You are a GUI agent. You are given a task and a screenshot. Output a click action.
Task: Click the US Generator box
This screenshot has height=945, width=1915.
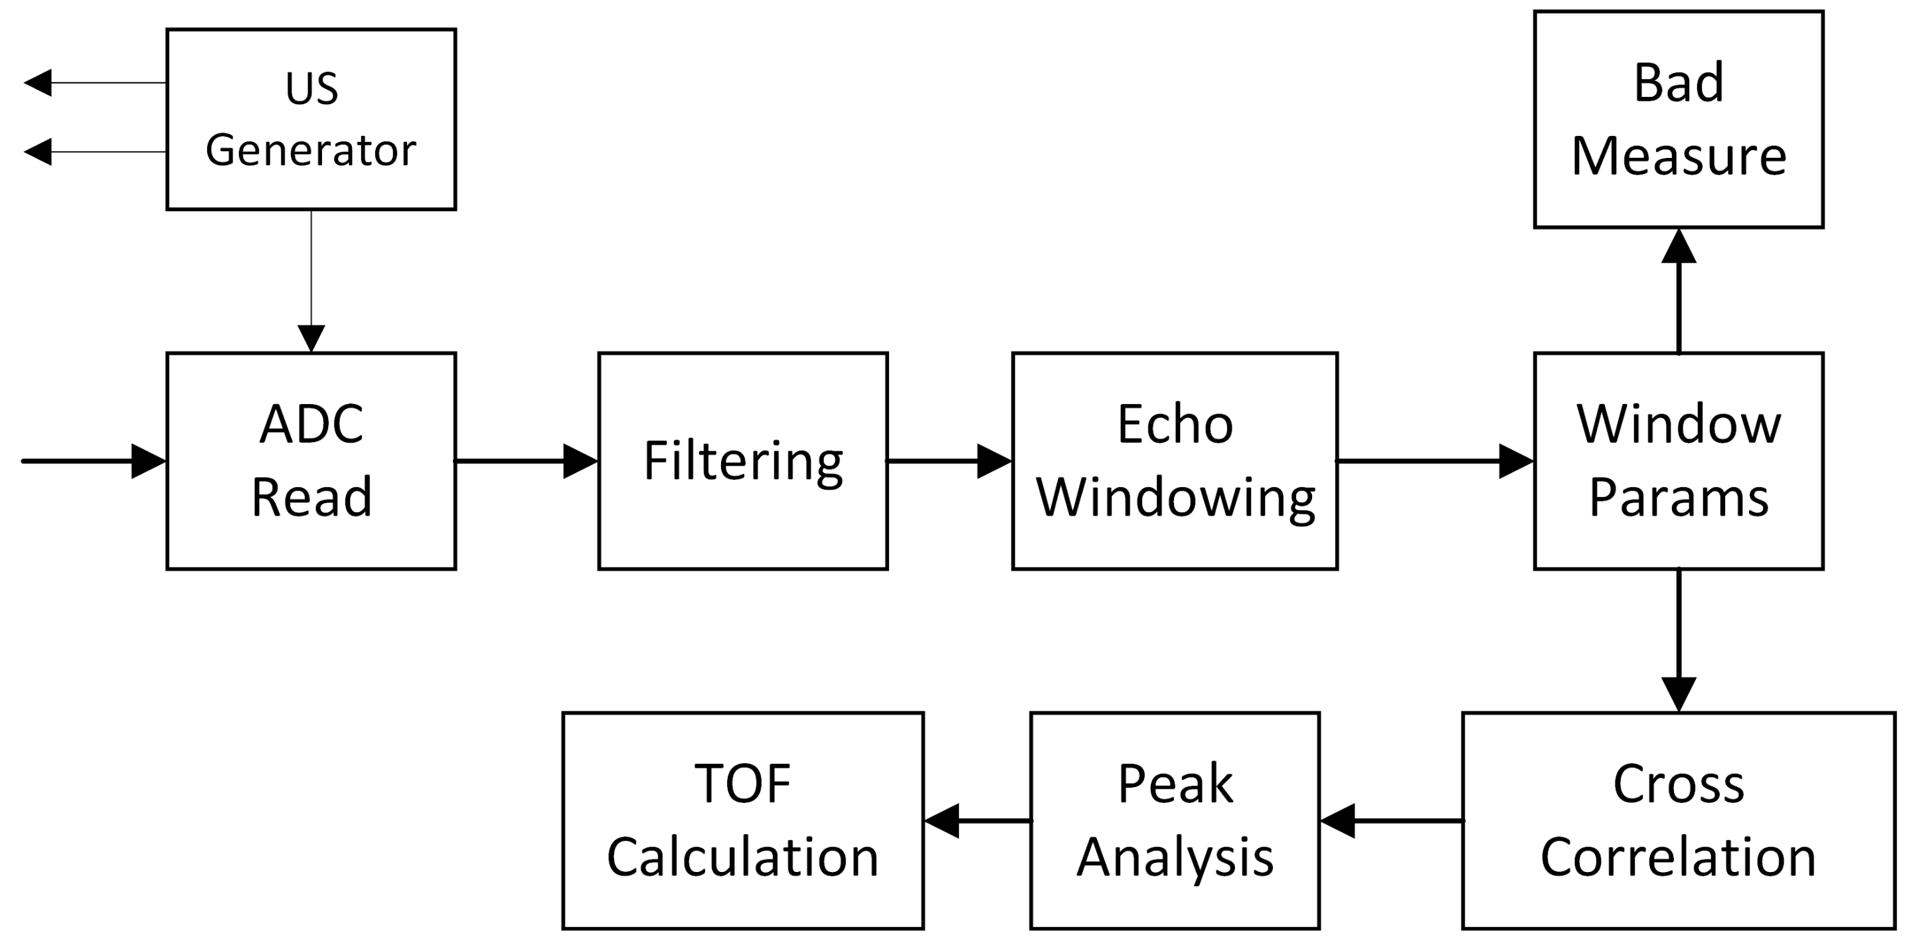click(x=311, y=119)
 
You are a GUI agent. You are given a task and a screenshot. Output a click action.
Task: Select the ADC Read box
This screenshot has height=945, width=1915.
click(x=311, y=461)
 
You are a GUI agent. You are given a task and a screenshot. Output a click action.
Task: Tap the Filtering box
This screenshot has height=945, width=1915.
click(x=742, y=461)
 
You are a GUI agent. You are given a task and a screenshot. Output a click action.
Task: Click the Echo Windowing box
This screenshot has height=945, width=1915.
click(x=1175, y=461)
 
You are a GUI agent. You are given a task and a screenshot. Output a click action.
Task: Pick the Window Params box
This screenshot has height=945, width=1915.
click(x=1679, y=461)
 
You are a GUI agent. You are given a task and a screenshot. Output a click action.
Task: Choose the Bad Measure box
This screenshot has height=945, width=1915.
click(x=1679, y=119)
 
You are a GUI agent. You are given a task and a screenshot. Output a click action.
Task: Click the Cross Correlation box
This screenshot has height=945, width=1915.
click(x=1679, y=820)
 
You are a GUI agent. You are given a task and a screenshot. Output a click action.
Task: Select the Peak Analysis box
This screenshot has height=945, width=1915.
click(x=1175, y=820)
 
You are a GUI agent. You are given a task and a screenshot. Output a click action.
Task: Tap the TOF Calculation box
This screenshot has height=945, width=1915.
click(x=742, y=820)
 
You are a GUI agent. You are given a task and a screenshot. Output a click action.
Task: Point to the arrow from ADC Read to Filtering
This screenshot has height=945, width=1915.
click(x=527, y=461)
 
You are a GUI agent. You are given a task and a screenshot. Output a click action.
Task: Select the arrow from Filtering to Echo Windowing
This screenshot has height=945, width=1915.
click(x=950, y=461)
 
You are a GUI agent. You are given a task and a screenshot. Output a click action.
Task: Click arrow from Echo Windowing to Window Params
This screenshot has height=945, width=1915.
click(x=1435, y=461)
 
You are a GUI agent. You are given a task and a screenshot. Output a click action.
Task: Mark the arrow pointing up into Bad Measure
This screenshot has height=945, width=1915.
click(x=1679, y=290)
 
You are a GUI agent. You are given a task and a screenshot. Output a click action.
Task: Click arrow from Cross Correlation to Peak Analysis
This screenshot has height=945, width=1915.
click(x=1390, y=820)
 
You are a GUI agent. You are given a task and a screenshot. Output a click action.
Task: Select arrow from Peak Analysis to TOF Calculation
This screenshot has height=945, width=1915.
click(x=977, y=820)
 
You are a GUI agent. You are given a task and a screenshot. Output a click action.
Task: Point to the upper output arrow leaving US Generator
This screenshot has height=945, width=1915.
click(x=95, y=82)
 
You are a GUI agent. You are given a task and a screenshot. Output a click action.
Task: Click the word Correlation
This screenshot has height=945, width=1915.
click(x=1679, y=857)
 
